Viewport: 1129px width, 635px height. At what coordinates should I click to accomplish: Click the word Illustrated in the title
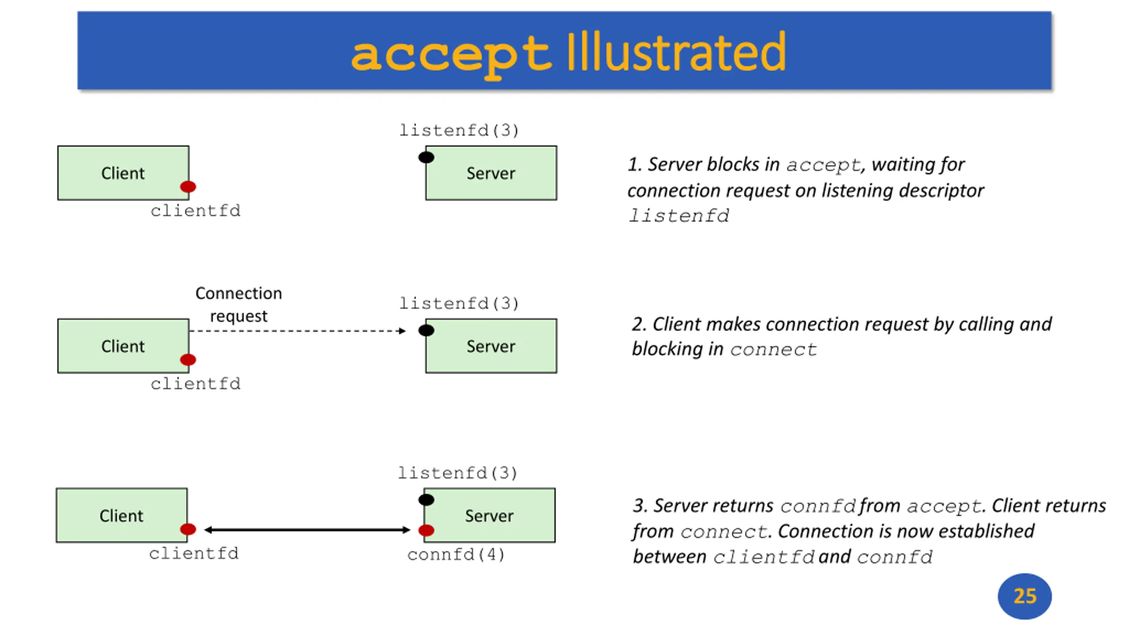click(676, 52)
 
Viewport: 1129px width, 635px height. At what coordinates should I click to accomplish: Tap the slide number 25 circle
click(1024, 596)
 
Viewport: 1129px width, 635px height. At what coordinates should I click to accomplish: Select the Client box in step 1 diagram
click(123, 173)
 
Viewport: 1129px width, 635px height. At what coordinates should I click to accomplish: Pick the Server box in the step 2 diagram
click(491, 346)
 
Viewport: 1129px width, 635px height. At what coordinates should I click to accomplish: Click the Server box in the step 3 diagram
click(490, 515)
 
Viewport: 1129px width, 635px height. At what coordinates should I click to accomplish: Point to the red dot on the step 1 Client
click(188, 187)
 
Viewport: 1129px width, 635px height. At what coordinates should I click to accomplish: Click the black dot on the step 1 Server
click(426, 157)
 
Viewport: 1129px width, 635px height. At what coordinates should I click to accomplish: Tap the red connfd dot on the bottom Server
click(426, 530)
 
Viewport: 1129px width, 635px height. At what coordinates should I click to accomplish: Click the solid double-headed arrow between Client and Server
click(307, 530)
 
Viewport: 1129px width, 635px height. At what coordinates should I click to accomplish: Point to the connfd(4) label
click(456, 554)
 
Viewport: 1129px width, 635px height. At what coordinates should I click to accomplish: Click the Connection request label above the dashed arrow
click(239, 305)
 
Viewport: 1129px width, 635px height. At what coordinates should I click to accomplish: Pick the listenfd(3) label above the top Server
click(459, 130)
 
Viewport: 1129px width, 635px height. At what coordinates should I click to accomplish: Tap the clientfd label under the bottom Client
click(194, 553)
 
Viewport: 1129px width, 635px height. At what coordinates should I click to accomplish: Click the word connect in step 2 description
click(773, 350)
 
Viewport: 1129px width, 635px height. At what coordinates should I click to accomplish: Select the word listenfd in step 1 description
click(679, 216)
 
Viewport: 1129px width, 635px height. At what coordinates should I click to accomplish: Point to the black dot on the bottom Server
click(426, 500)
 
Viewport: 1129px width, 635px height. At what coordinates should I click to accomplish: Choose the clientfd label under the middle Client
click(195, 384)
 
